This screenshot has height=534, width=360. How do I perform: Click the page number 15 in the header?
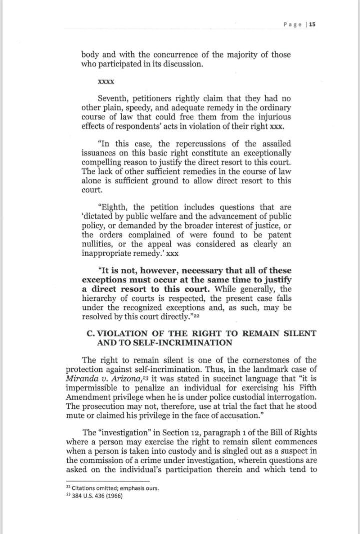(313, 24)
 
